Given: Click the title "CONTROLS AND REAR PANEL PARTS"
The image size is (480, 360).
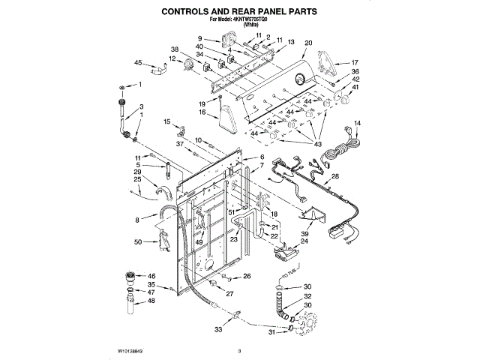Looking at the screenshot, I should (240, 12).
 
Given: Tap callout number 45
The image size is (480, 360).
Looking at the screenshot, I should (138, 63).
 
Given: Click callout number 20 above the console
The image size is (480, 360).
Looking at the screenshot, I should (307, 44).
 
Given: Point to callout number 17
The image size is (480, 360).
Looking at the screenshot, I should (355, 63).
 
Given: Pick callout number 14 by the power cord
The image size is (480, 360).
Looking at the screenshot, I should (357, 123).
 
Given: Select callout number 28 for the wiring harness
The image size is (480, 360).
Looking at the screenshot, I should (335, 176).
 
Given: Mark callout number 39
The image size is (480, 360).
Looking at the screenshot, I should (304, 235).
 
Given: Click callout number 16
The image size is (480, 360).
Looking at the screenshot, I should (202, 112).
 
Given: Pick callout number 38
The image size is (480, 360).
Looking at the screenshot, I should (175, 49).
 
